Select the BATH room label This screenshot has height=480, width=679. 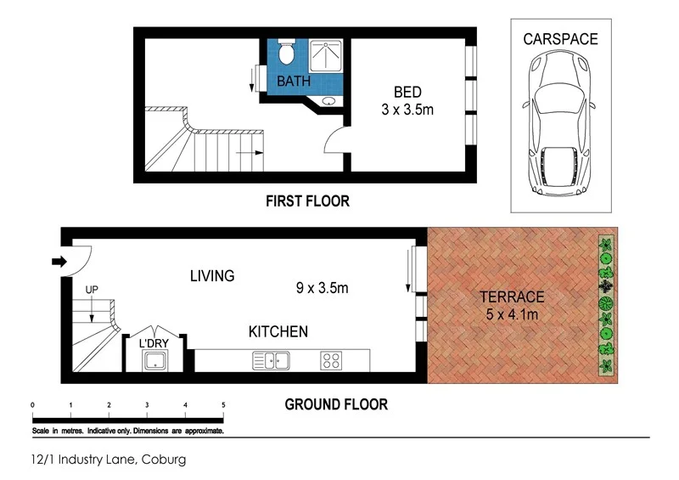pos(294,82)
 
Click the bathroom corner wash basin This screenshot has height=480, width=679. pos(328,102)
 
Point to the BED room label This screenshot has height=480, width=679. pos(407,92)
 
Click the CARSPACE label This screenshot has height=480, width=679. pos(560,39)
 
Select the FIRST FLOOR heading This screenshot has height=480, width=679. pos(306,201)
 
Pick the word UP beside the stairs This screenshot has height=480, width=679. pos(92,291)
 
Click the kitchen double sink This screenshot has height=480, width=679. pos(270,361)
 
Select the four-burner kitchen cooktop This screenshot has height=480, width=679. pos(330,361)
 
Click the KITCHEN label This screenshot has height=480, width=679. pos(278,331)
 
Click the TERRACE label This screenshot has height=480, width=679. pos(511,296)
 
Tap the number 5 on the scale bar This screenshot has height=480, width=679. pos(223,404)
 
